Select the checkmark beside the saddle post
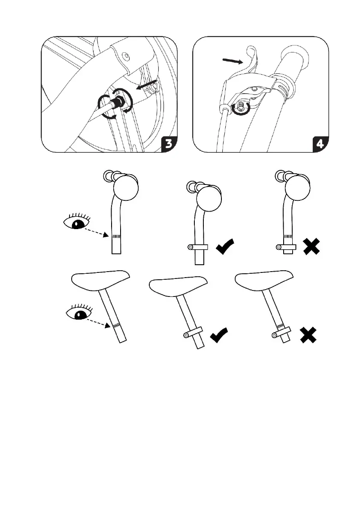pyautogui.click(x=219, y=336)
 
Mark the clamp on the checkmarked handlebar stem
pyautogui.click(x=198, y=247)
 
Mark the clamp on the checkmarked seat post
pyautogui.click(x=193, y=333)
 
